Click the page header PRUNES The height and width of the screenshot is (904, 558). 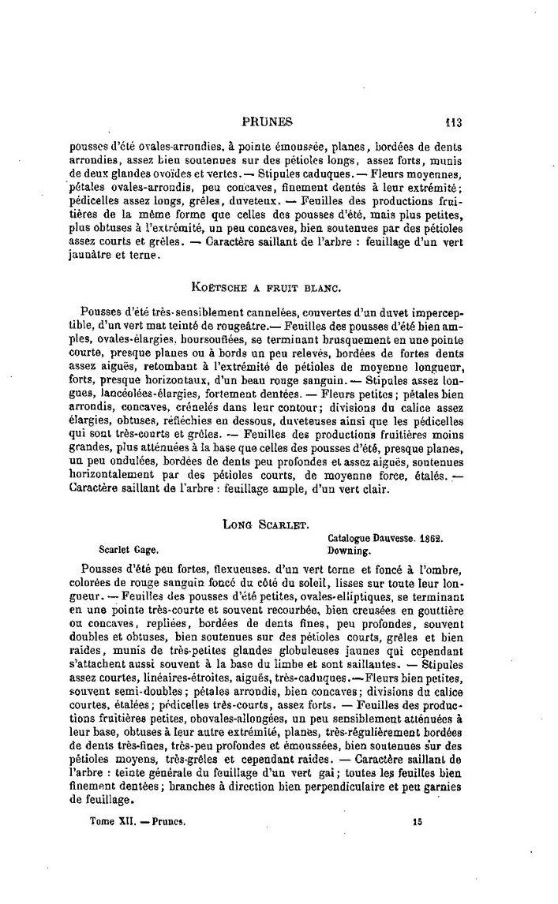tap(267, 122)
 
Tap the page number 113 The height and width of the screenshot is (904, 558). tap(453, 122)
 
